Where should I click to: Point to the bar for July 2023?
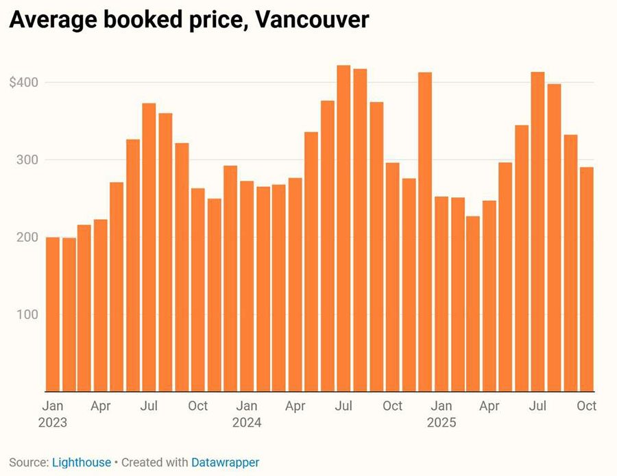point(149,247)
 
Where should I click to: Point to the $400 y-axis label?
point(23,83)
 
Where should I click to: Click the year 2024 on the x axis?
point(247,423)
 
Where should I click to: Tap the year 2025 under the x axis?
point(441,423)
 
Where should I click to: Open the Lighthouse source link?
point(82,462)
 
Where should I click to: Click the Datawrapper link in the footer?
point(226,462)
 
